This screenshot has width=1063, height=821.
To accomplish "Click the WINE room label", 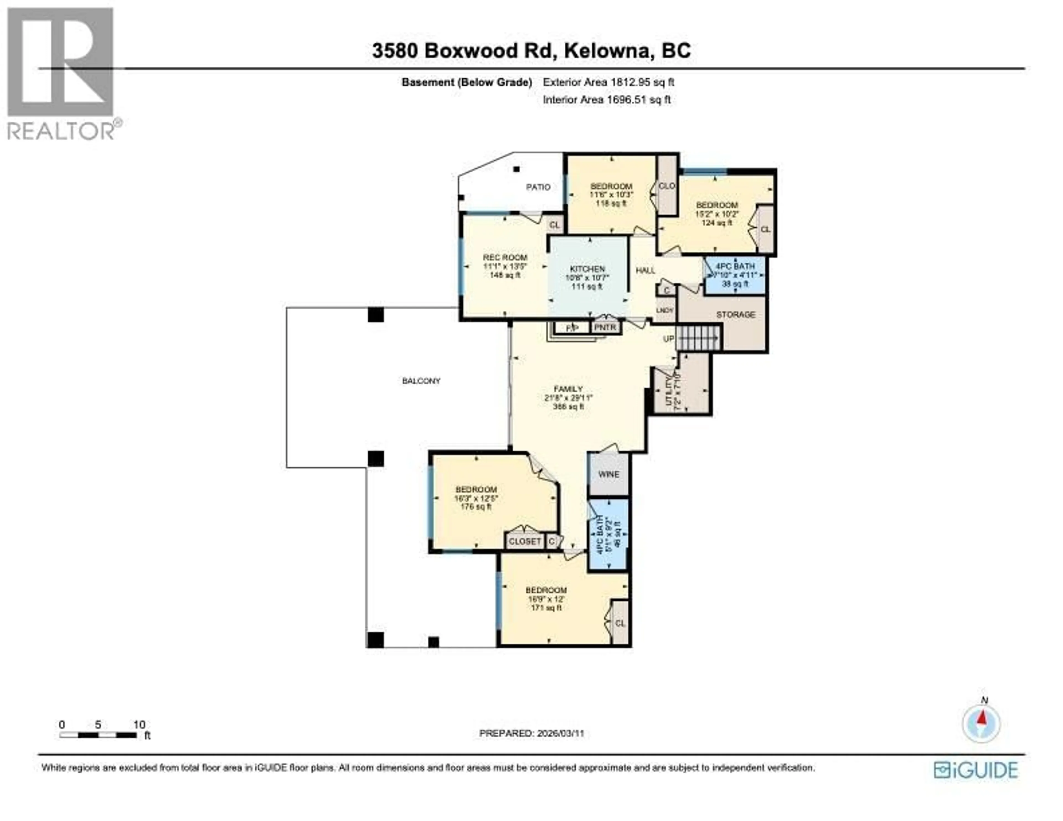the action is coord(608,474).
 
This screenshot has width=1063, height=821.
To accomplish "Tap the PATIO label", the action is coord(538,187).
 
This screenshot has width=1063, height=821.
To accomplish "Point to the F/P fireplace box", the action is coord(572,328).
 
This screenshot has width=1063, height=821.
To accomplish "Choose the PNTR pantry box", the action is coord(605,328).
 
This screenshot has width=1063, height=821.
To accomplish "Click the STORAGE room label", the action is coord(736,314).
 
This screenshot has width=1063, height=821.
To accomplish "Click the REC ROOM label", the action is coord(505,257).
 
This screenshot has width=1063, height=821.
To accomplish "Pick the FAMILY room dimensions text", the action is coord(569,398).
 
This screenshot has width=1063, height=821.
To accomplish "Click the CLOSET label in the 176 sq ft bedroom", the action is coord(525,541).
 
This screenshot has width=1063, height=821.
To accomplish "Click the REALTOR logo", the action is coord(61,73).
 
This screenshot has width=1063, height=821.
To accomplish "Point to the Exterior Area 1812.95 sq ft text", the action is coord(608,82).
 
